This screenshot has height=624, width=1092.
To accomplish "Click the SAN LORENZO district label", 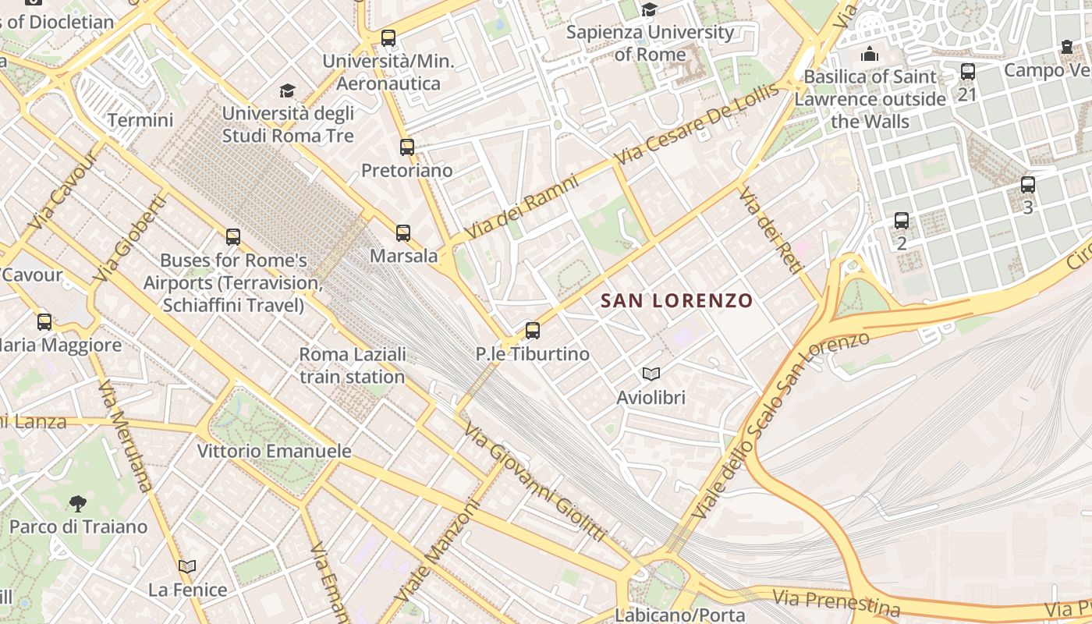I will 676,300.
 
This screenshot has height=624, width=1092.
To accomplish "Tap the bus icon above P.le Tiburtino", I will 533,331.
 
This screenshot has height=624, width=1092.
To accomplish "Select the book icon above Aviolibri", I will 651,374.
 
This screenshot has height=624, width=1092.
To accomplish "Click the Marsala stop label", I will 404,256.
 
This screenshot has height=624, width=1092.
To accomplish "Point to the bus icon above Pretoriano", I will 406,147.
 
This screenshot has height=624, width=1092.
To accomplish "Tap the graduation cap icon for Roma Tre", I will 288,91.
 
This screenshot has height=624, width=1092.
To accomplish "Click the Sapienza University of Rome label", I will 650,44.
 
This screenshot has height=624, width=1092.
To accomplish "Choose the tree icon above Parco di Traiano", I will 77,503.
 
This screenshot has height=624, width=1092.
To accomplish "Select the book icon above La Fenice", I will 187,567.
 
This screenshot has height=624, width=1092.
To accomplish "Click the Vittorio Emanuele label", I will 274,451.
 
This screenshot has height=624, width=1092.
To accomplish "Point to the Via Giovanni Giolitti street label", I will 534,482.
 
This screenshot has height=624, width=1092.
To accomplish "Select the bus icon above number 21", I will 968,72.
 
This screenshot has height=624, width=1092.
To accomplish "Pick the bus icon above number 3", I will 1028,185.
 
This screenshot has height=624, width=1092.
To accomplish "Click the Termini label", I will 140,120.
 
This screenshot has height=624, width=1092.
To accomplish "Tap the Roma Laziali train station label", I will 353,365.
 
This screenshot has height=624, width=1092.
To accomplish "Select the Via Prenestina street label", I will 837,602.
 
